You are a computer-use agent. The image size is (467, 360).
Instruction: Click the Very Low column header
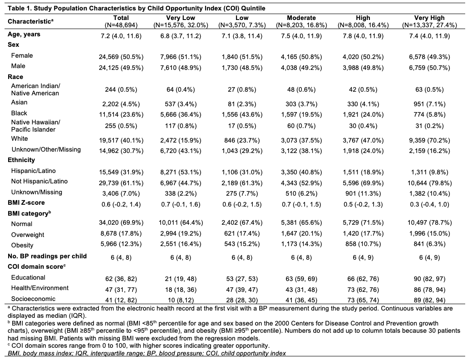(x=181, y=21)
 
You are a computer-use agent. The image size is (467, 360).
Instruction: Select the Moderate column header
(x=301, y=21)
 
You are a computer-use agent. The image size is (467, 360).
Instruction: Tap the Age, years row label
(x=24, y=34)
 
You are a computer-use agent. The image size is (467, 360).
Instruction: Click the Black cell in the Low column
(x=242, y=115)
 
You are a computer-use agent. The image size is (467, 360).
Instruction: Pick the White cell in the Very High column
(x=429, y=140)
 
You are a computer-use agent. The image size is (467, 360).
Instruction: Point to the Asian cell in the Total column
(x=121, y=104)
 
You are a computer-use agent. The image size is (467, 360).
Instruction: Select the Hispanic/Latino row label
(x=34, y=171)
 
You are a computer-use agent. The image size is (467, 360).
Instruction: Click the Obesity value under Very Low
(x=181, y=244)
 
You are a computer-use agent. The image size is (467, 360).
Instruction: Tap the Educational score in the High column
(x=363, y=279)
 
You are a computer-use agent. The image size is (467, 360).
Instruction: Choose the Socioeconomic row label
(x=29, y=299)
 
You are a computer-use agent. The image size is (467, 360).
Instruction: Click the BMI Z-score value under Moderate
(x=301, y=204)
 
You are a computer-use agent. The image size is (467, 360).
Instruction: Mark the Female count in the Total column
(x=121, y=57)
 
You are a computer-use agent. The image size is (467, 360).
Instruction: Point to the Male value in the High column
(x=363, y=68)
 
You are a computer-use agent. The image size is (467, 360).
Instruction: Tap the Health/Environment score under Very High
(x=429, y=290)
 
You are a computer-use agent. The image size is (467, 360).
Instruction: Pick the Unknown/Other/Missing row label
(x=46, y=150)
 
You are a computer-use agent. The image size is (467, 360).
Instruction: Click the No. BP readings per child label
(x=47, y=256)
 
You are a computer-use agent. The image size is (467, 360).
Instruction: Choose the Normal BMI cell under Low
(x=242, y=222)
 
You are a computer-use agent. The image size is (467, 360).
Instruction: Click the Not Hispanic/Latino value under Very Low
(x=181, y=183)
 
